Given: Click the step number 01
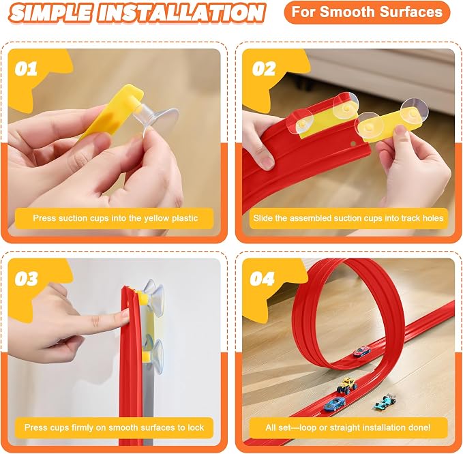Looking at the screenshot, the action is (x=26, y=69).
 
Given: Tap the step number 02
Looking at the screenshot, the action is (x=264, y=69).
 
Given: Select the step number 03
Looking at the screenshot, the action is (x=27, y=279).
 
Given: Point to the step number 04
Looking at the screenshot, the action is (x=263, y=279).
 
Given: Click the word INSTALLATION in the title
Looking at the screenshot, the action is (x=181, y=13).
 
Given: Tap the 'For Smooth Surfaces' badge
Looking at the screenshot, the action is (x=367, y=12).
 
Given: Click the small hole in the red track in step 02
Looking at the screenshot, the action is (x=353, y=144).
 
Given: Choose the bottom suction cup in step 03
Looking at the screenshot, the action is (x=153, y=355).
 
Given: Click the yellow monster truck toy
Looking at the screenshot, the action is (x=346, y=384).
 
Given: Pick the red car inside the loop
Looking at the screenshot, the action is (x=362, y=351).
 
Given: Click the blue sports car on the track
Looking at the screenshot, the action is (x=334, y=404).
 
